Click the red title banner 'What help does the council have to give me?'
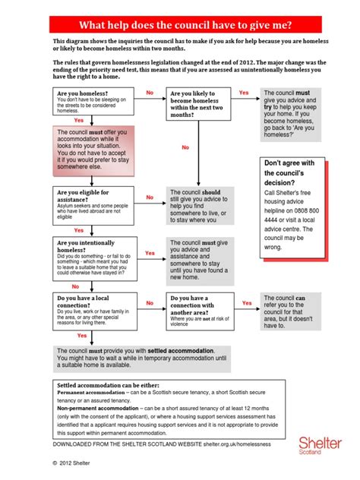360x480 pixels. point(179,24)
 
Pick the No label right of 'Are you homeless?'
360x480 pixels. point(150,93)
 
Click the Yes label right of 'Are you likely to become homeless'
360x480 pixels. point(244,93)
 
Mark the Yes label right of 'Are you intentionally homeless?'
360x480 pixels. point(150,253)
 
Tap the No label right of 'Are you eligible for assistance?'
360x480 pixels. point(150,197)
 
